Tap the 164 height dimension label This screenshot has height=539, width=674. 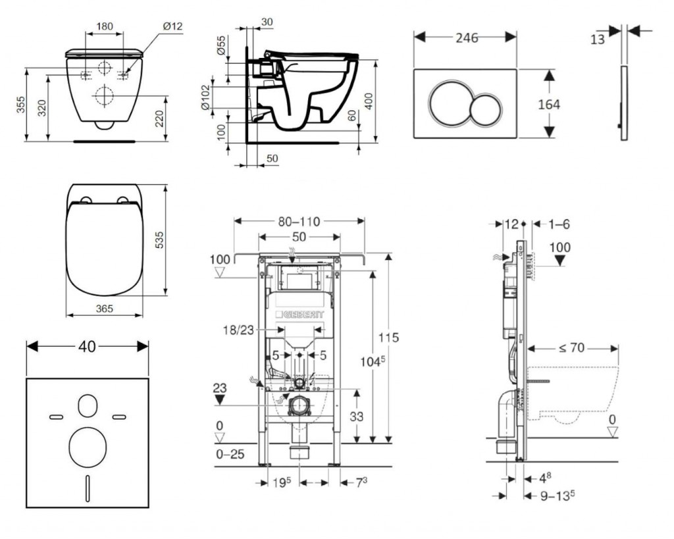pos(549,104)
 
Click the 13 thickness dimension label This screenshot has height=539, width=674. pos(597,39)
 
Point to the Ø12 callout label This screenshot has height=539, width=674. pos(171,26)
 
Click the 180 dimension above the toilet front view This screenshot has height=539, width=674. pos(104,27)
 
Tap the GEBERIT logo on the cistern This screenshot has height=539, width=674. pos(300,314)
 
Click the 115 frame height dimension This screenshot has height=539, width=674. pos(388,338)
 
